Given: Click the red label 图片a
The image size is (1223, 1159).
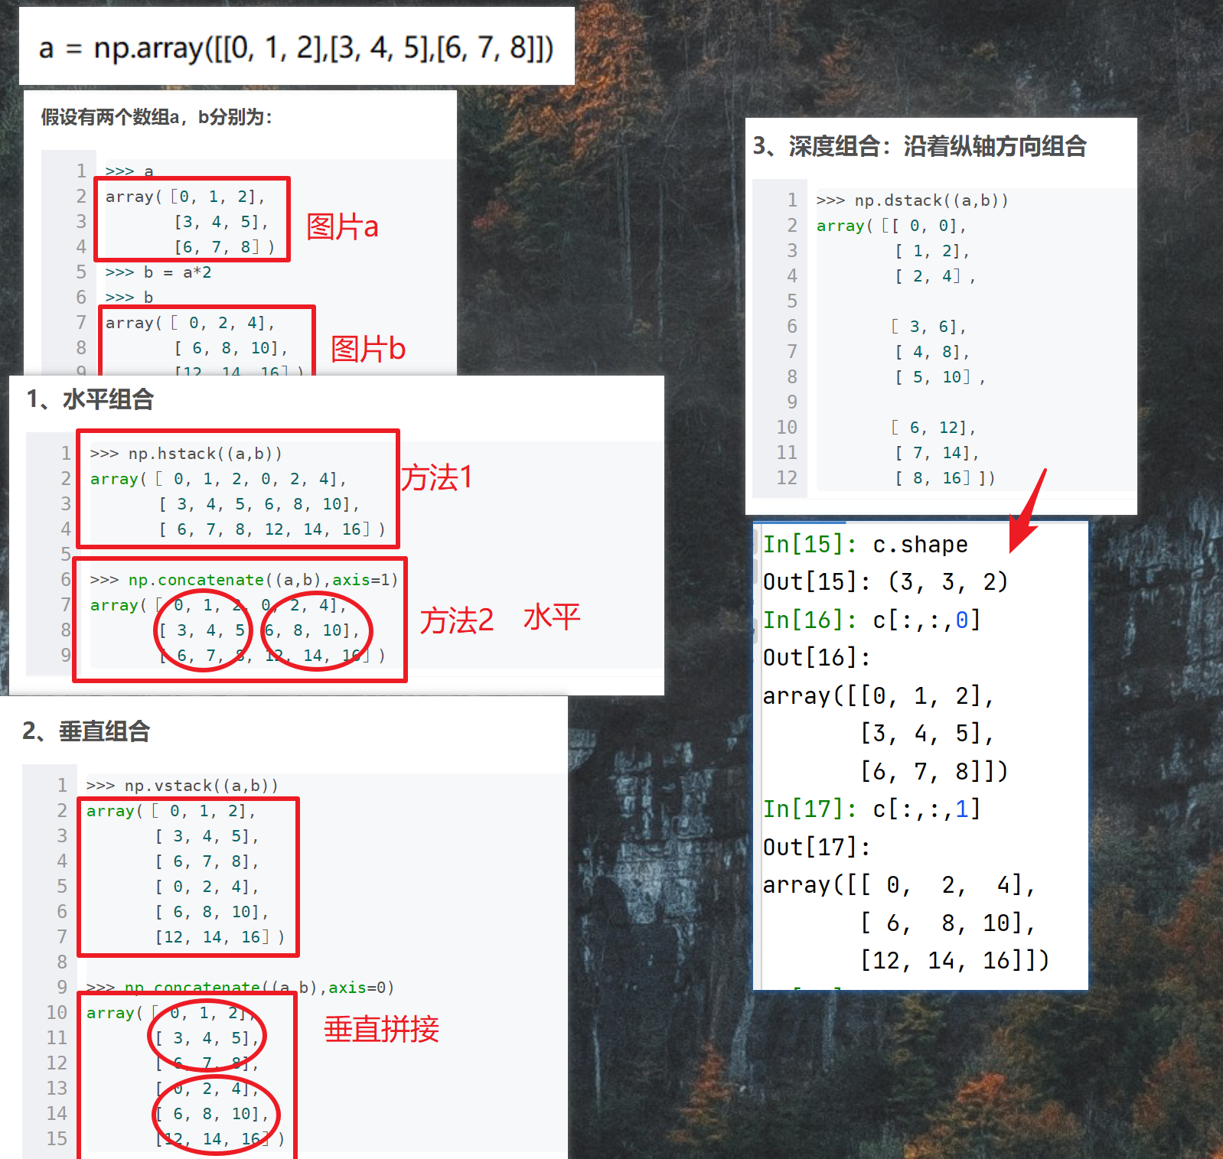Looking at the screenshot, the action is (342, 226).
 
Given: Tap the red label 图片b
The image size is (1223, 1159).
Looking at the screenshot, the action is (367, 349).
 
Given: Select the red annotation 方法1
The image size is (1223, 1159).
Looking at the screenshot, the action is (437, 478).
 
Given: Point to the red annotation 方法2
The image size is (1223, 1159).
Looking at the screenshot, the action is (456, 620).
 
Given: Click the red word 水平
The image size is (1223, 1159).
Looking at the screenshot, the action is (552, 617).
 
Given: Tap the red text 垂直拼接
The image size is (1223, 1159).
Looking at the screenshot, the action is (381, 1029).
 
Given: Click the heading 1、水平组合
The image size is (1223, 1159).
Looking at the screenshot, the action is (90, 399).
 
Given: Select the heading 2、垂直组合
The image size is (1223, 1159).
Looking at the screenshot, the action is (86, 731).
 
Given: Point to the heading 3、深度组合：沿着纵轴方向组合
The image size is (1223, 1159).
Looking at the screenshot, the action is (919, 146).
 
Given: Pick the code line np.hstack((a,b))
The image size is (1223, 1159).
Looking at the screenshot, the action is (186, 454).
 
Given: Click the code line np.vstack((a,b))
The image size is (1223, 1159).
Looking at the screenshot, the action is (182, 786).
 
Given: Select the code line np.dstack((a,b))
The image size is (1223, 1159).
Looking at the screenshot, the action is (912, 200).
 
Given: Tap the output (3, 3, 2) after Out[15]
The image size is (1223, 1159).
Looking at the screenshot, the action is (948, 582).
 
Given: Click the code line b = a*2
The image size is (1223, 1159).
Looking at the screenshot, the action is (158, 272).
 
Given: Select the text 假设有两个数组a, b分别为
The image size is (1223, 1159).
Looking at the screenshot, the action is (156, 117).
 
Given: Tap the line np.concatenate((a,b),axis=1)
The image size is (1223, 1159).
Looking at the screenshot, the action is (244, 580).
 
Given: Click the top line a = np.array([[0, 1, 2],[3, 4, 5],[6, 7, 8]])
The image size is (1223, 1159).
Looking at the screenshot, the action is (296, 48).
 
